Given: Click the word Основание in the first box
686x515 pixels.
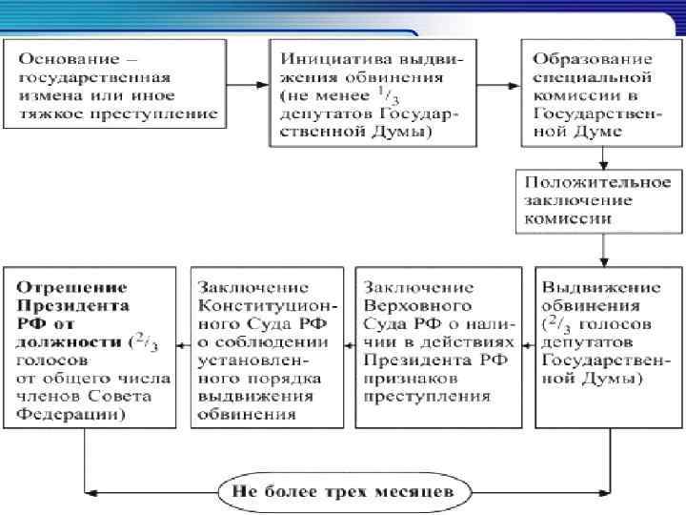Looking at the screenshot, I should click(60, 60).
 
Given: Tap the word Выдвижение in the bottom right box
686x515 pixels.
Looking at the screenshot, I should click(588, 288).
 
